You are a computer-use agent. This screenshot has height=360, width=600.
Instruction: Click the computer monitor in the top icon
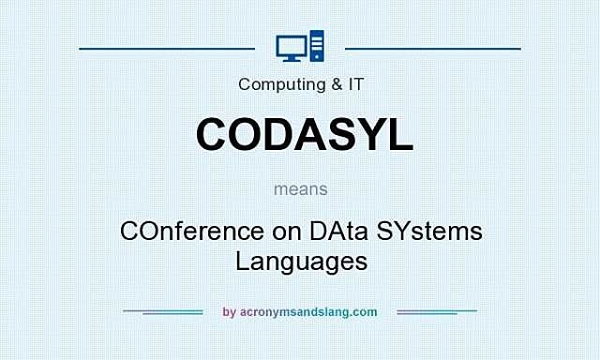291,45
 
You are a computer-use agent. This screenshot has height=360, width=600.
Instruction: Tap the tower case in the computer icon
316,46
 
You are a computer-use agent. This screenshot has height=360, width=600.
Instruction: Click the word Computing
277,84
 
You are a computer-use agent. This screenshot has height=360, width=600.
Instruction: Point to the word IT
355,84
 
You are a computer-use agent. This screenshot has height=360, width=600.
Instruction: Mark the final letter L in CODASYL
400,134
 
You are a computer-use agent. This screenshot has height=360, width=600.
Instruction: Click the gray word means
301,188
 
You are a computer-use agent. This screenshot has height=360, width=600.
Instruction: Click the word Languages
301,261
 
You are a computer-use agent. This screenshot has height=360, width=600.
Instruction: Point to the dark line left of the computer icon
167,47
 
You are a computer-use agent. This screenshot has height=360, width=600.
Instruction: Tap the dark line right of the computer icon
432,47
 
